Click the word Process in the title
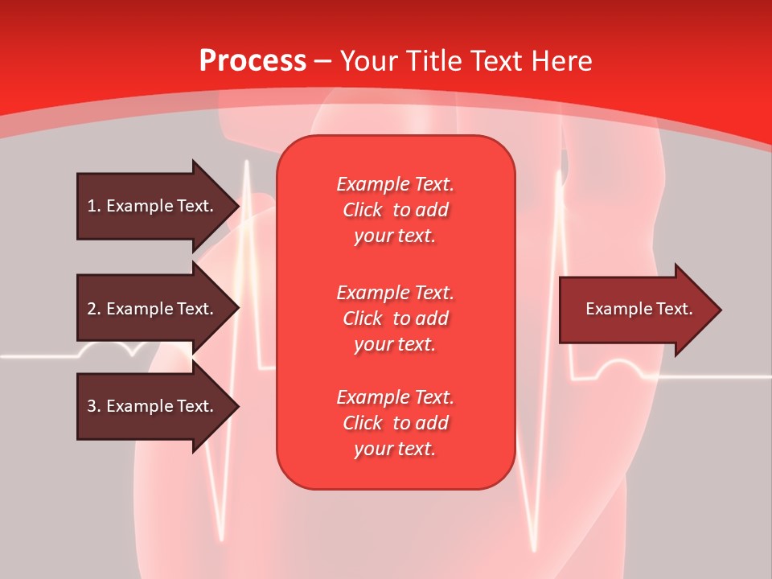point(253,61)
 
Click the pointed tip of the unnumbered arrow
point(719,310)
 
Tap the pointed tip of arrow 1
point(237,206)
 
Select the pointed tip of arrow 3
point(237,406)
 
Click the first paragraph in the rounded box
point(395,210)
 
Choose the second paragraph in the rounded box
point(395,318)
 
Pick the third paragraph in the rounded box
point(395,423)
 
